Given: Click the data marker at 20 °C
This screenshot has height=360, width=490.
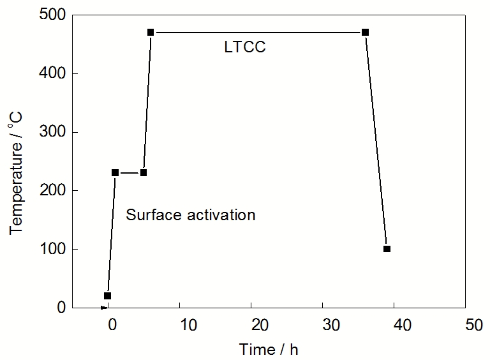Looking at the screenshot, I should [107, 296].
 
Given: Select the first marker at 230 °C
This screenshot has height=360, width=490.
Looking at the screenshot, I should [115, 172].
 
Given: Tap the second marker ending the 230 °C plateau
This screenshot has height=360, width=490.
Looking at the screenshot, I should [144, 172].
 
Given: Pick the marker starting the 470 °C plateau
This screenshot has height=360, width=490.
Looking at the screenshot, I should [151, 32].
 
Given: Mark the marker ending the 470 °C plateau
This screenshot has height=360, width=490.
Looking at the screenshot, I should [366, 32].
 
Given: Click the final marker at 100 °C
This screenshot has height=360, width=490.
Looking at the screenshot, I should [387, 249].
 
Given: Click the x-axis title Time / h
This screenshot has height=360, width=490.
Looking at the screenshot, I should [269, 349].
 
